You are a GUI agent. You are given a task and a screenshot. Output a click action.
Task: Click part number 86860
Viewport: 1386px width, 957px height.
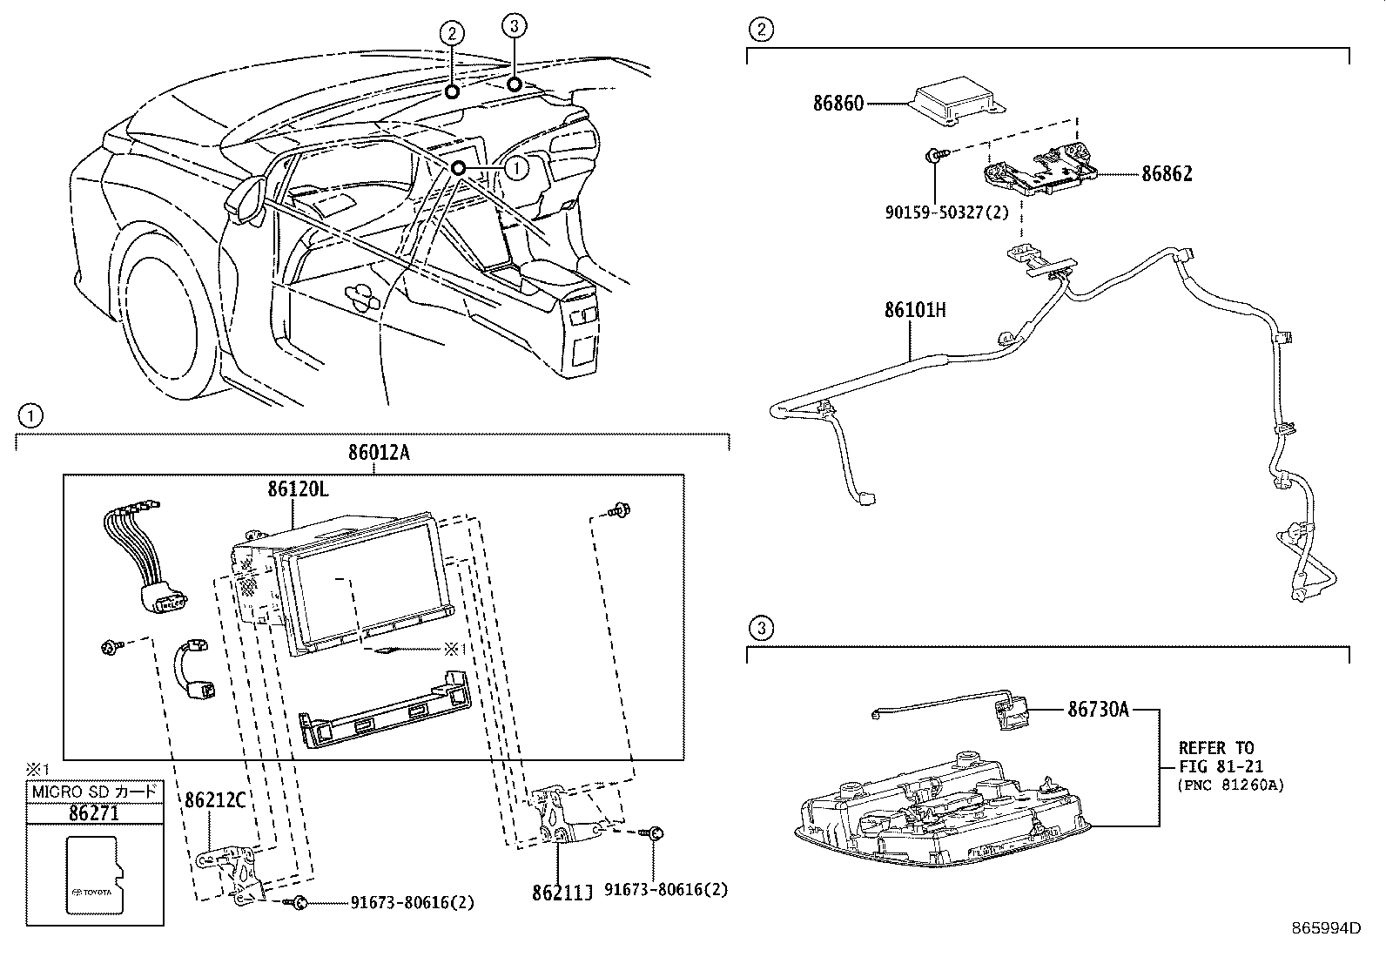pos(838,103)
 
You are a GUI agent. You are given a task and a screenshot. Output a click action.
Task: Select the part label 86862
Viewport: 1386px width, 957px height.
pos(1167,173)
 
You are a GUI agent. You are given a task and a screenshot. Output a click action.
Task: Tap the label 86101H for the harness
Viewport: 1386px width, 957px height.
pos(914,310)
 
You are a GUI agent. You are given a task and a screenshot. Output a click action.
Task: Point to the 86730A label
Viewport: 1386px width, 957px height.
pos(1098,710)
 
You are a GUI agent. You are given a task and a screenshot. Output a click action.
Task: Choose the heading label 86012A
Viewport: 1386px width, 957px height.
pos(378,453)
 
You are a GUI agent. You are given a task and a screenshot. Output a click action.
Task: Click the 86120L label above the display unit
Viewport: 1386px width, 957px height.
pos(298,489)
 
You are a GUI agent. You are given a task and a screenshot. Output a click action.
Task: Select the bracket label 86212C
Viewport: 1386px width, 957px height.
pos(215,799)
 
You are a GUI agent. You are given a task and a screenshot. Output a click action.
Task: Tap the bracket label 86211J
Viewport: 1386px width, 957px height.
pos(562,892)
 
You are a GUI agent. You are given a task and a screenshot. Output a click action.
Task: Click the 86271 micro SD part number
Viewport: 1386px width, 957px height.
pos(94,813)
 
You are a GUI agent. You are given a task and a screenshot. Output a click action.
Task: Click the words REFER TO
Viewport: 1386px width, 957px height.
pos(1215,748)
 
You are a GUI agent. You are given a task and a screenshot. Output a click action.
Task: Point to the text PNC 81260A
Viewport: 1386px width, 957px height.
pos(1231,785)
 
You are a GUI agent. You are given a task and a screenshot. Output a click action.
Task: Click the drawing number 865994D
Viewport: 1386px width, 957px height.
pos(1327,928)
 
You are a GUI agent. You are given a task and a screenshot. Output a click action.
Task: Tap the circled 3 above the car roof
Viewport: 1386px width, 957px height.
pos(515,26)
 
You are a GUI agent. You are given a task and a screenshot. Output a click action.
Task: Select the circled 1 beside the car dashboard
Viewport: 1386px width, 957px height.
pos(516,166)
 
